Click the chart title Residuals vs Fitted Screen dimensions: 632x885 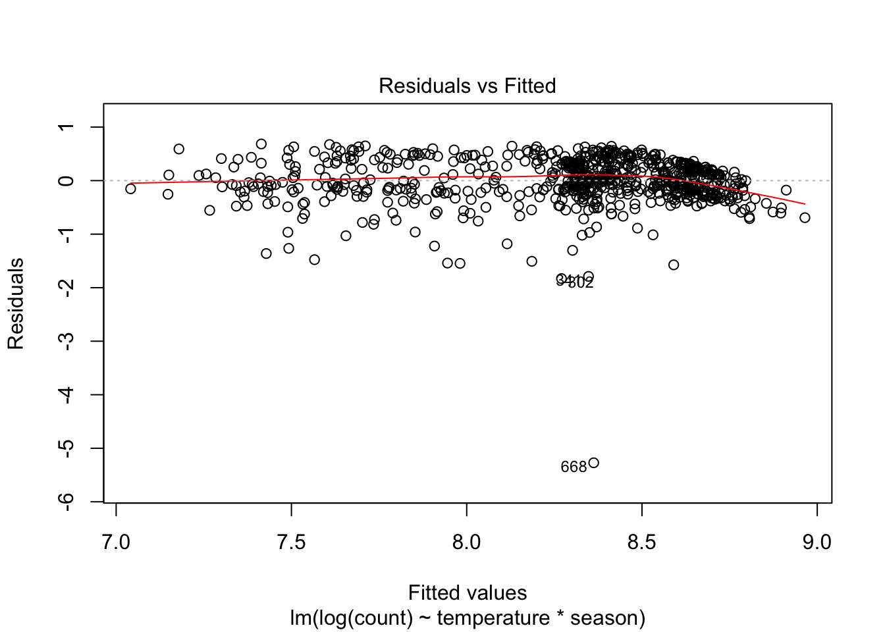click(x=467, y=86)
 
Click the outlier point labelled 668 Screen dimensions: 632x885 click(x=593, y=463)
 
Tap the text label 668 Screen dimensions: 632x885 click(x=573, y=467)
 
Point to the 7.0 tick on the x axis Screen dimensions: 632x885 click(x=117, y=542)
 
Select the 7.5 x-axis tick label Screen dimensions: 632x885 click(x=291, y=542)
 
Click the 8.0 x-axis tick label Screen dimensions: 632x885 click(x=466, y=542)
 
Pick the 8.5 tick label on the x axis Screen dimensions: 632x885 click(x=641, y=542)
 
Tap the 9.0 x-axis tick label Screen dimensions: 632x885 click(x=817, y=542)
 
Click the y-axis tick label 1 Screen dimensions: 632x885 click(x=66, y=127)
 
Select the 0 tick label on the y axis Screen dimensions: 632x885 click(x=66, y=180)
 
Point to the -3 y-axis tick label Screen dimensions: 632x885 click(x=66, y=341)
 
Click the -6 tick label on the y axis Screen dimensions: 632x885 click(x=66, y=501)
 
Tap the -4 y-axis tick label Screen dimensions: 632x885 click(x=66, y=394)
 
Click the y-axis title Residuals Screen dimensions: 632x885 click(x=16, y=303)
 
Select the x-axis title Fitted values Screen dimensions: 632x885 click(x=467, y=593)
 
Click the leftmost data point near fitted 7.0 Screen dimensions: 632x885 click(x=130, y=189)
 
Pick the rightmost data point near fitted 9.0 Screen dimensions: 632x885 click(x=805, y=217)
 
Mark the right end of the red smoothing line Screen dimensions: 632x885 click(x=805, y=204)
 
